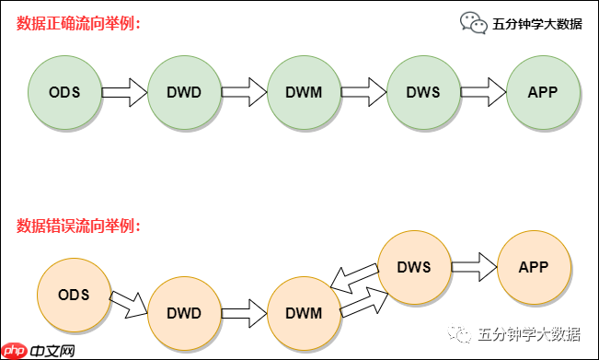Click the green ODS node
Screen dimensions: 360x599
coord(65,92)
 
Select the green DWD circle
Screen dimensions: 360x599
coord(184,92)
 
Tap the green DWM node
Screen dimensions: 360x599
coord(304,92)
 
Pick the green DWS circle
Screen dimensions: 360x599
coord(423,92)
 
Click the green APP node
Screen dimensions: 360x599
coord(543,92)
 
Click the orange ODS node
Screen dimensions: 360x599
coord(73,295)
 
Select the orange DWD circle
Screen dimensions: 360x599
coord(184,313)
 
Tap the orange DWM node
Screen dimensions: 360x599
coord(304,313)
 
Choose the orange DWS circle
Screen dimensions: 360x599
coord(414,267)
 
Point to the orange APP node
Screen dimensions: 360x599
coord(534,267)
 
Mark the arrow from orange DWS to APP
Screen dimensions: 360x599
coord(474,267)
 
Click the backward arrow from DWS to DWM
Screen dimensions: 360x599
coord(354,277)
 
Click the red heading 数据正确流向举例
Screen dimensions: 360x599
coord(78,23)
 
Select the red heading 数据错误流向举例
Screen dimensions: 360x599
coord(78,225)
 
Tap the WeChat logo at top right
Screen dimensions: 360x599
coord(474,23)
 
